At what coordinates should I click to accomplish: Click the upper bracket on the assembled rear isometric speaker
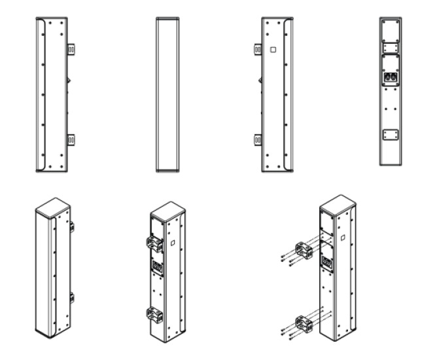[155, 243]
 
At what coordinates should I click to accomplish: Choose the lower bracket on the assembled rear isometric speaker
[155, 314]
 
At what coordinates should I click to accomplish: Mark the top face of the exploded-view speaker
[336, 203]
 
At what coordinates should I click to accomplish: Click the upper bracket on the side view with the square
[258, 48]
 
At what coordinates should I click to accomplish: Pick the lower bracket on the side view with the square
[258, 139]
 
